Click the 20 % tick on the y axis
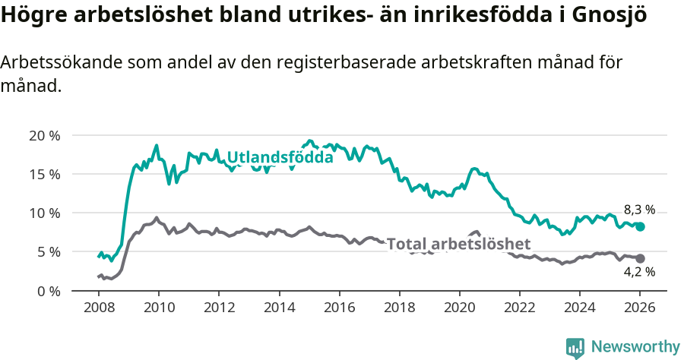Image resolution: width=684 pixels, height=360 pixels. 44,136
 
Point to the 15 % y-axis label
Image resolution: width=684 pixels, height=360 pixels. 44,175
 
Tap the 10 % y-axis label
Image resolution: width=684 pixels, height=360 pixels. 44,213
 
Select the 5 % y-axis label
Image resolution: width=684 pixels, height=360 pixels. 48,252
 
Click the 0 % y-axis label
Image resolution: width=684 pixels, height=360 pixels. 48,291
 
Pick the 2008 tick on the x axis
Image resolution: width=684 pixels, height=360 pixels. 99,308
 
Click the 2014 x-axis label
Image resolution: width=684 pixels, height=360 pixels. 279,308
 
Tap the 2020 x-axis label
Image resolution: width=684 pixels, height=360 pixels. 459,308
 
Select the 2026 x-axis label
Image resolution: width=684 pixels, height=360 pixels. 640,308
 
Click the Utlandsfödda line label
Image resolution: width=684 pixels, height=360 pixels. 280,158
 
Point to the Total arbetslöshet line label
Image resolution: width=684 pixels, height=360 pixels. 458,244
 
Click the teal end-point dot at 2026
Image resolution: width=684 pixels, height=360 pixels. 640,226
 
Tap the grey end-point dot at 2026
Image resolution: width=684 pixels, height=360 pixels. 640,258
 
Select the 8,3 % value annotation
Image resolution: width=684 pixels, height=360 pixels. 639,210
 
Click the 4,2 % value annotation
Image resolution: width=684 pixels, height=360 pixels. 639,272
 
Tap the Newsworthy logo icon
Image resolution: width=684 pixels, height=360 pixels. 575,347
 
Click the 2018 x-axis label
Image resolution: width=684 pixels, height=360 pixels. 399,308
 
